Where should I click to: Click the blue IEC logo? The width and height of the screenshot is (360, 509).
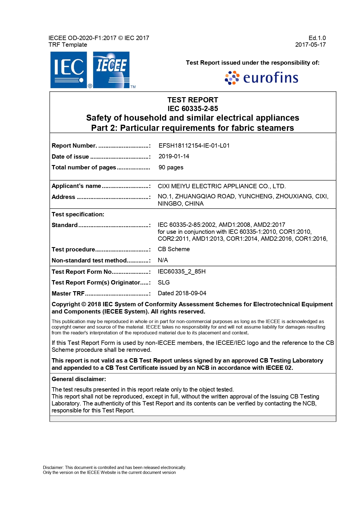click(x=68, y=70)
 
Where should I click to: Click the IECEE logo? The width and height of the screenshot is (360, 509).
click(x=111, y=70)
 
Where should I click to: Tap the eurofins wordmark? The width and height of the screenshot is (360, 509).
click(x=270, y=78)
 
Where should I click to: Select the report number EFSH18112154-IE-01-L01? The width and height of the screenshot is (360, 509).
click(x=194, y=146)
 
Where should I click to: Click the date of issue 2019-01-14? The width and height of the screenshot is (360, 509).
click(x=174, y=156)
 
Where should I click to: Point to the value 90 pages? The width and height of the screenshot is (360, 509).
click(x=171, y=167)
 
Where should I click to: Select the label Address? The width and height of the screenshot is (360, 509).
click(x=63, y=197)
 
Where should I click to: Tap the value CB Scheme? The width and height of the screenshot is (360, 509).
click(x=173, y=249)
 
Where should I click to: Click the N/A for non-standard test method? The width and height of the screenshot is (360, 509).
click(x=163, y=260)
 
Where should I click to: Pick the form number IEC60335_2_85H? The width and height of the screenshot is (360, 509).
click(x=181, y=271)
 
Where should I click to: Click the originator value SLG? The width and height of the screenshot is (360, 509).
click(x=164, y=282)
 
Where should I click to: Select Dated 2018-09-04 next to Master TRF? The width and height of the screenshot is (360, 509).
click(x=182, y=293)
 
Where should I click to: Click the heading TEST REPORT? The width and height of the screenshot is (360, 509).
click(x=193, y=100)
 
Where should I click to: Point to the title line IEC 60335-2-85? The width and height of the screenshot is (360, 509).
click(x=193, y=108)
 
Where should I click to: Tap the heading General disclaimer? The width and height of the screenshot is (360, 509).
click(x=79, y=379)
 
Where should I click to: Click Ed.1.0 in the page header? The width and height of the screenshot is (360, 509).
click(x=317, y=38)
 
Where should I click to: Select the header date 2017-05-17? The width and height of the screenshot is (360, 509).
click(x=310, y=45)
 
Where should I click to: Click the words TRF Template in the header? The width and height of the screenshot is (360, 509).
click(x=68, y=45)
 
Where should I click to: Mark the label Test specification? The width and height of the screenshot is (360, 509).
click(x=78, y=214)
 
